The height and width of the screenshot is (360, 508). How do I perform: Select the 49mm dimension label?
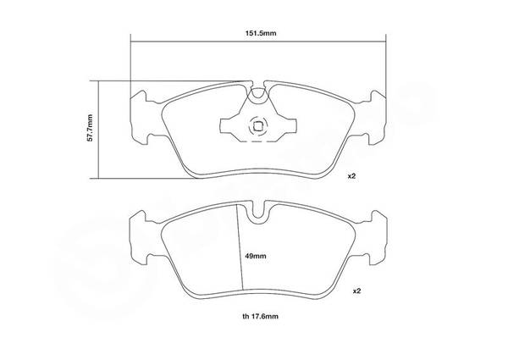[x=256, y=256]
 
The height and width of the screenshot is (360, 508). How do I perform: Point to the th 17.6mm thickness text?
[x=260, y=316]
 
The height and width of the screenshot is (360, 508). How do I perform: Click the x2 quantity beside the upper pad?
[x=351, y=176]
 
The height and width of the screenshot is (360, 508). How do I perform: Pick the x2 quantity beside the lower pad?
[x=356, y=291]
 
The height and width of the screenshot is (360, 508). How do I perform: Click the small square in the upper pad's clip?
[x=258, y=126]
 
